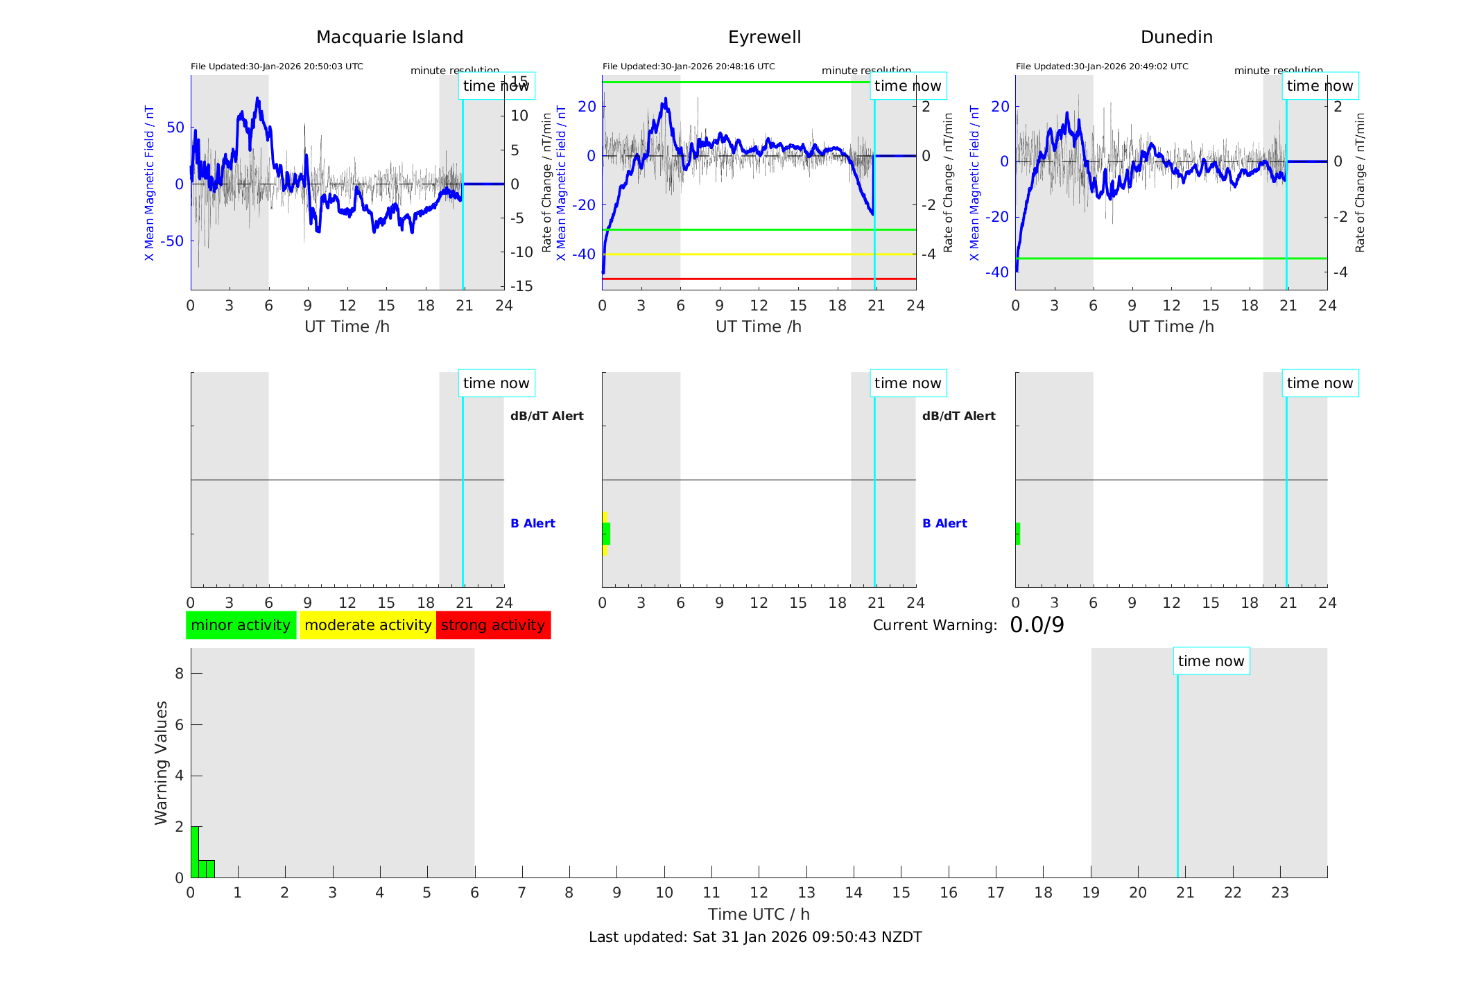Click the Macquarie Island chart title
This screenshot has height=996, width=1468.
tap(389, 37)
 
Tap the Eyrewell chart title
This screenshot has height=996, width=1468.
tap(764, 37)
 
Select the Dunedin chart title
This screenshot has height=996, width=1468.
tap(1176, 37)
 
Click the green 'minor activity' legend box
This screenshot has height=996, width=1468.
tap(241, 625)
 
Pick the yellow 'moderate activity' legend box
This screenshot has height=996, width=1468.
tap(368, 625)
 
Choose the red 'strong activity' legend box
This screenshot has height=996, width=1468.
tap(493, 625)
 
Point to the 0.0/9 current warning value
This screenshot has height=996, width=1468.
tap(1037, 625)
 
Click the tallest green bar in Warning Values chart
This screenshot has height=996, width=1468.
tap(195, 851)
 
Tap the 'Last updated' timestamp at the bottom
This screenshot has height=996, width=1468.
tap(755, 937)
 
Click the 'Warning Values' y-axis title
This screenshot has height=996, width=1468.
tap(161, 762)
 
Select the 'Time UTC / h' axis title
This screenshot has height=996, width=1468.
tap(759, 914)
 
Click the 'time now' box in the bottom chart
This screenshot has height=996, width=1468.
tap(1211, 661)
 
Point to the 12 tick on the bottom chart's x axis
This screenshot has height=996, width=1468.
tap(759, 893)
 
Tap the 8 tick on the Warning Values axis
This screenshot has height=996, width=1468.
tap(179, 674)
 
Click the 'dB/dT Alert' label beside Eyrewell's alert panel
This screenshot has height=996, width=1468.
tap(958, 416)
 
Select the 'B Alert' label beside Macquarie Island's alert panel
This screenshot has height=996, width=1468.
tap(533, 523)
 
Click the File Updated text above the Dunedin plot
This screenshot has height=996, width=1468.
tap(1102, 67)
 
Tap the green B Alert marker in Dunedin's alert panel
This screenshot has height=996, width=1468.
tap(1018, 534)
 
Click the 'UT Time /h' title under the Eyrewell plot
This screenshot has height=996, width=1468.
tap(759, 326)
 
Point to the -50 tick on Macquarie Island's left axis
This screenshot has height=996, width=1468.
tap(172, 241)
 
